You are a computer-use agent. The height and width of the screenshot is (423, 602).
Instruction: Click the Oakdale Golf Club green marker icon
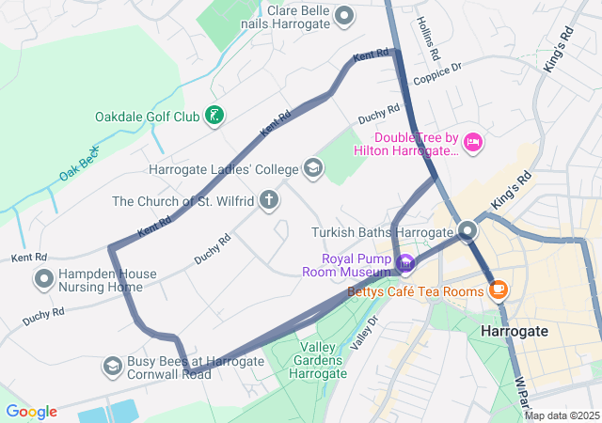(x=215, y=117)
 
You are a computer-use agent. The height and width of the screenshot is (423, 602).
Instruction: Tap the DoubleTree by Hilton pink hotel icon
(x=473, y=143)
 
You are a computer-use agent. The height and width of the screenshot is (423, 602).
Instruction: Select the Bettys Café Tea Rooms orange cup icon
(x=499, y=290)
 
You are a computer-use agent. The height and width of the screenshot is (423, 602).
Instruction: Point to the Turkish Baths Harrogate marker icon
(x=468, y=231)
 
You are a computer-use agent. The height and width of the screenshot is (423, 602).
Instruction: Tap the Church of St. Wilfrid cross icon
(x=269, y=200)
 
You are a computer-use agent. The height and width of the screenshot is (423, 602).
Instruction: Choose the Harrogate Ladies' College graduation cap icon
(x=312, y=169)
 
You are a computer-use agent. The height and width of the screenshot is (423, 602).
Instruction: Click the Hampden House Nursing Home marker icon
(x=43, y=279)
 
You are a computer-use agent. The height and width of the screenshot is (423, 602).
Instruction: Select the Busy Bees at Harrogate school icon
(x=112, y=366)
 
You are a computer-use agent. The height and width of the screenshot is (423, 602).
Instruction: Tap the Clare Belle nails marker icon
(x=344, y=15)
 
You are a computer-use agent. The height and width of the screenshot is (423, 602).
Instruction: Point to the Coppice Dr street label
(x=438, y=68)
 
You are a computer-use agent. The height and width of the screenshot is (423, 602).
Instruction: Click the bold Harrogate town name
(x=515, y=332)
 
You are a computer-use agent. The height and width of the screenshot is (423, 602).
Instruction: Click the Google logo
(x=31, y=412)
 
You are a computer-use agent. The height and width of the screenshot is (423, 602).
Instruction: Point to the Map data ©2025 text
(x=561, y=415)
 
